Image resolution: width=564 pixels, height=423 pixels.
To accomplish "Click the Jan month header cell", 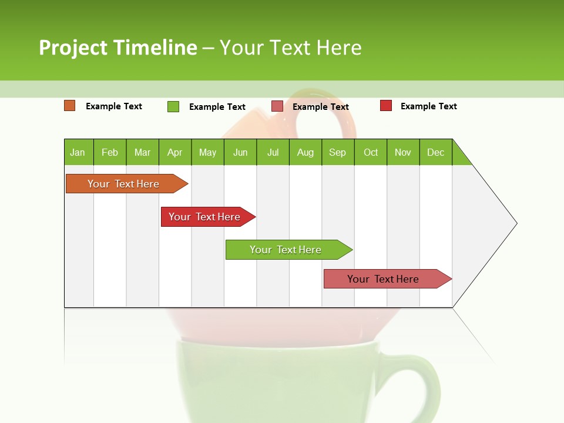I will pyautogui.click(x=78, y=152).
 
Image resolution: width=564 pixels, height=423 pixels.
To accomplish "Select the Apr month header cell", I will pyautogui.click(x=175, y=152).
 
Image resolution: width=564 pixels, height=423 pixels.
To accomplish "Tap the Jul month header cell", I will pyautogui.click(x=273, y=152).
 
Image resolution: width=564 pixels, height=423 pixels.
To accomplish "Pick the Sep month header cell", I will pyautogui.click(x=338, y=152).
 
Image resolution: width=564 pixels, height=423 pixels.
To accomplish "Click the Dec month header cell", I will pyautogui.click(x=435, y=152).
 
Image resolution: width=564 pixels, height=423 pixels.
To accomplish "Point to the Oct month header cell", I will pyautogui.click(x=371, y=152).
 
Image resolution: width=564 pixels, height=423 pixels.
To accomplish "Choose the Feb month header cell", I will pyautogui.click(x=110, y=152).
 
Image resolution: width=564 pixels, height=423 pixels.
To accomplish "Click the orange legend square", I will pyautogui.click(x=69, y=106).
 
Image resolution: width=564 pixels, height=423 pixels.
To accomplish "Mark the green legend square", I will pyautogui.click(x=173, y=106).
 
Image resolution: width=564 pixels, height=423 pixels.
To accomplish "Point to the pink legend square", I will pyautogui.click(x=277, y=106).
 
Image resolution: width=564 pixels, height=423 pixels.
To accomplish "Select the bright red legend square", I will pyautogui.click(x=386, y=106).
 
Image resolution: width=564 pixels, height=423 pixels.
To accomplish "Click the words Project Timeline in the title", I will pyautogui.click(x=117, y=48).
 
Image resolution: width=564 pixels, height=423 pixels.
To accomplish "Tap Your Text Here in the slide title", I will pyautogui.click(x=290, y=48).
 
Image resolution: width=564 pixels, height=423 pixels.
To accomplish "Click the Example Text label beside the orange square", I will pyautogui.click(x=114, y=106).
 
